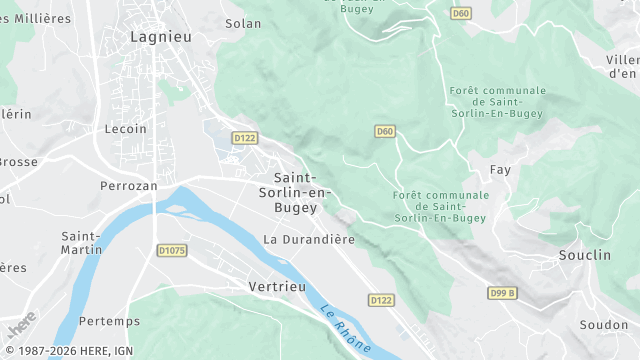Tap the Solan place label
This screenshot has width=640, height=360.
coord(243,23)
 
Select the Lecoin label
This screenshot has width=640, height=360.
coord(126,128)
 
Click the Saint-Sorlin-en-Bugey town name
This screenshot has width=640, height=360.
coord(295,192)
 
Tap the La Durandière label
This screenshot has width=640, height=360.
coord(309,239)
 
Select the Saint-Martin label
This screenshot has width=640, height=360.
coord(82,242)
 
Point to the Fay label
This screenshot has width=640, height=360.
coord(500,170)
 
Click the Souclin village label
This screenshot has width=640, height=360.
coord(585,255)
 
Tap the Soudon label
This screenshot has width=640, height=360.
coord(604,325)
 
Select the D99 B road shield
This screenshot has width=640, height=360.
coord(503,293)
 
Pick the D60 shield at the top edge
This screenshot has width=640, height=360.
coord(460,13)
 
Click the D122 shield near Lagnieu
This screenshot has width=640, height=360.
coord(244,137)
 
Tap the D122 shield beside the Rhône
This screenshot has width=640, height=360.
coord(380,300)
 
